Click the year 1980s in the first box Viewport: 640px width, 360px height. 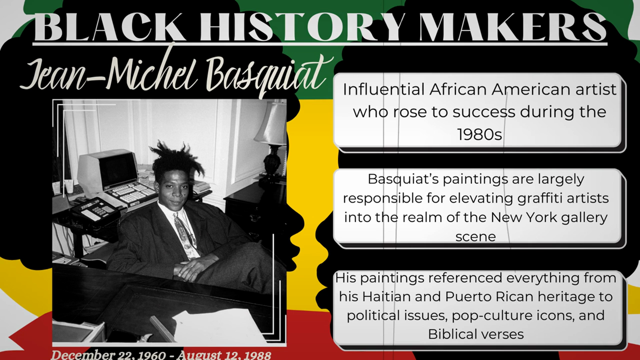(479, 135)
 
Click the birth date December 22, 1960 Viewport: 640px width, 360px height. (108, 355)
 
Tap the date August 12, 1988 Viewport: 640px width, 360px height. (224, 355)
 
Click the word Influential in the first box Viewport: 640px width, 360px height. (384, 89)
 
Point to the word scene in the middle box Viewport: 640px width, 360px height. (476, 237)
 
